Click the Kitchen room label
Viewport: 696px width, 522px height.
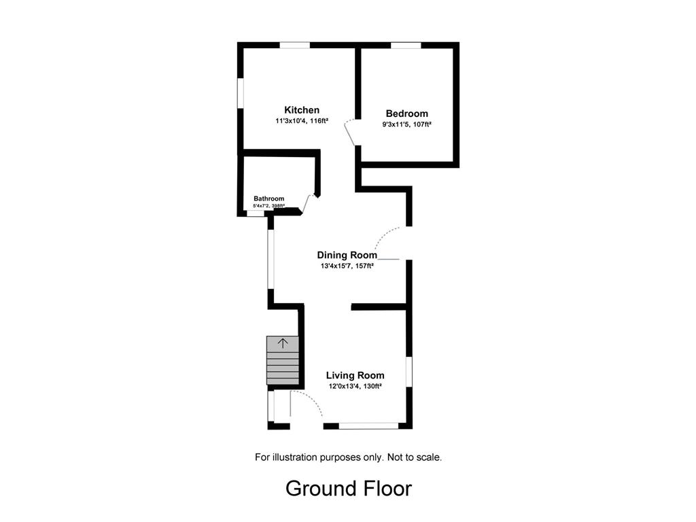[x=302, y=110]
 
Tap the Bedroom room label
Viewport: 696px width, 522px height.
[x=407, y=114]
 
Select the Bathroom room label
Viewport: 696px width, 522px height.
[x=269, y=198]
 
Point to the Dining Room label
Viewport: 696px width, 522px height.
[x=347, y=256]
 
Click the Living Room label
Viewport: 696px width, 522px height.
[x=355, y=375]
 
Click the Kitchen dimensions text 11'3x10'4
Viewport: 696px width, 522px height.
[x=291, y=121]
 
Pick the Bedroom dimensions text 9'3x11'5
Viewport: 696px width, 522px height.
[x=396, y=125]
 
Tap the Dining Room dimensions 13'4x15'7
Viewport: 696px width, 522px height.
[x=336, y=266]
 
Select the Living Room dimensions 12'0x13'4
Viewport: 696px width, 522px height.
[x=344, y=387]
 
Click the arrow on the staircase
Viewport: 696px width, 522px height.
[x=283, y=343]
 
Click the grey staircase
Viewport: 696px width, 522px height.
[x=283, y=360]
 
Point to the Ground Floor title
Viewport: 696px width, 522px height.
[x=349, y=489]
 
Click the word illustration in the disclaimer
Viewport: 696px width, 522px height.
[x=295, y=457]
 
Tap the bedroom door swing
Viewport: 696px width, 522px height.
[x=350, y=132]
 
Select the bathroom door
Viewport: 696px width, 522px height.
[x=308, y=204]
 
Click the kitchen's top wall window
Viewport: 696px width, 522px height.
[x=295, y=45]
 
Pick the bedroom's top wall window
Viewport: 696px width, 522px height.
[x=406, y=45]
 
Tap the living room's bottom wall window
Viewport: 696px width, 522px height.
[x=369, y=426]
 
